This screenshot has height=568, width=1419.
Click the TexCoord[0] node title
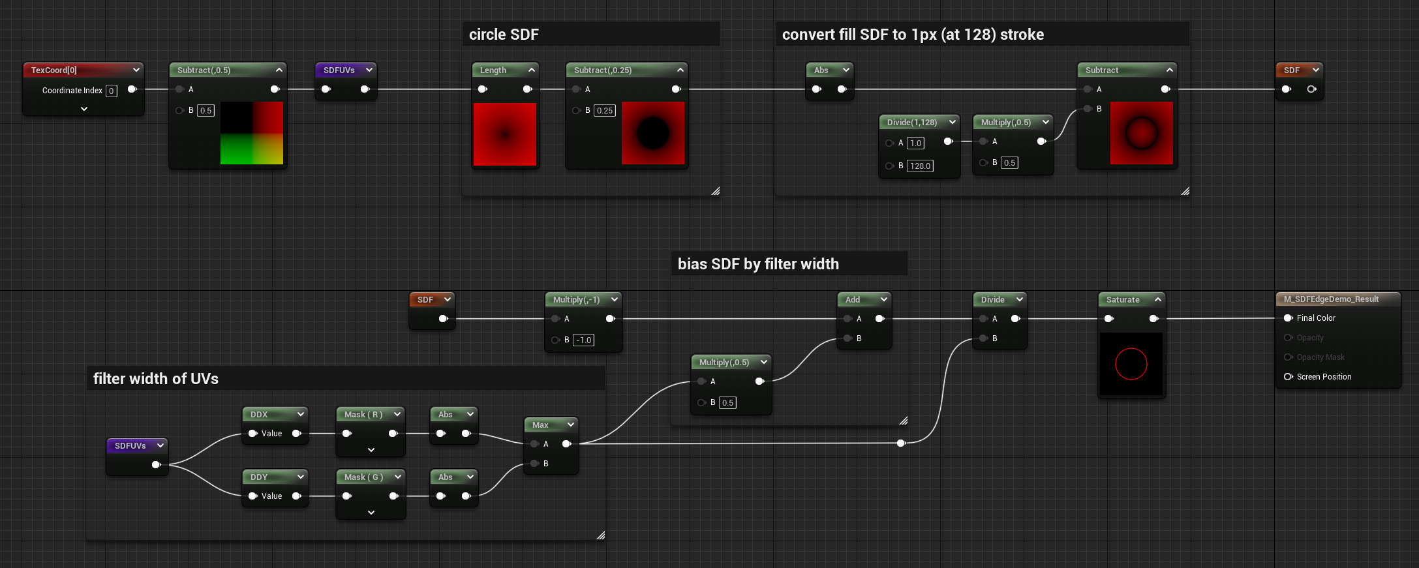54,70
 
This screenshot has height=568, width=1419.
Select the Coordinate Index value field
112,91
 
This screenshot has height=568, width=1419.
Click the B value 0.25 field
605,110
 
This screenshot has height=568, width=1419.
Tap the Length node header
494,70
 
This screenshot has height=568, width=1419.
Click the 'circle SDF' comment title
504,35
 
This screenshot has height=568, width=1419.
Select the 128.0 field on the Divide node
920,166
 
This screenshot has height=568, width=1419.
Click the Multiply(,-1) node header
577,299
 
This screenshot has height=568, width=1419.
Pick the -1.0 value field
583,340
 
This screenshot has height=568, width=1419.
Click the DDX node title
260,414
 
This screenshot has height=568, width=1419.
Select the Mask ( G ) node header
363,477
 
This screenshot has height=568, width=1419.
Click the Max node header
541,425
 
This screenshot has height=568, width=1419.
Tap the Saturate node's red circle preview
1131,364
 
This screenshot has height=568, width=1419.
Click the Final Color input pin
1288,318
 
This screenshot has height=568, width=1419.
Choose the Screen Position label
1324,377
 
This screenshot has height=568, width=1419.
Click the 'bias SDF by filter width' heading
758,264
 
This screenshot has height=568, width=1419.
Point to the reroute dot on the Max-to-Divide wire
901,443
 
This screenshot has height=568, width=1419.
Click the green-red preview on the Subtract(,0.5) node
252,133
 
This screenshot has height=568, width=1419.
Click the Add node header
853,299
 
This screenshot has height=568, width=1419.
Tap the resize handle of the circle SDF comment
716,191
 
